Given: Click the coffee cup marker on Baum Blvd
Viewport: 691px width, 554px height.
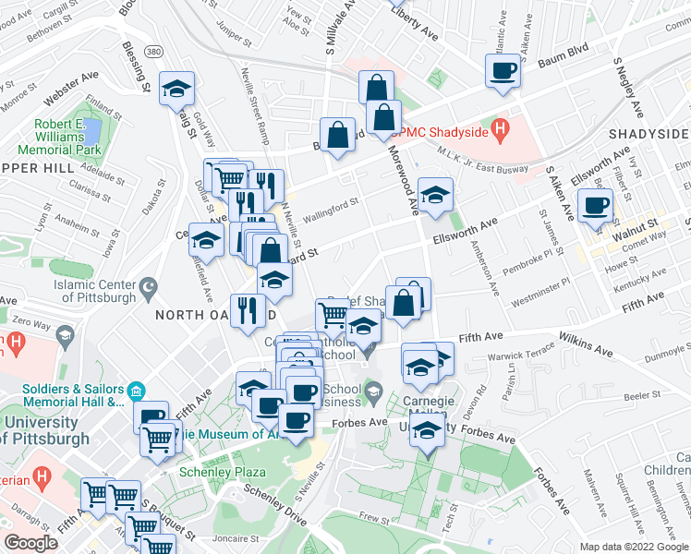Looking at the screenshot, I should [503, 70].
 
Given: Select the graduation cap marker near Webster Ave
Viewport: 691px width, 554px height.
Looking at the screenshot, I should [176, 89].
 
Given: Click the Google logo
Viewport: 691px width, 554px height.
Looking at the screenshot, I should [31, 542].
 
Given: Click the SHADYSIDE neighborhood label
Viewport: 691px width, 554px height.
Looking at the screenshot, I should [649, 135].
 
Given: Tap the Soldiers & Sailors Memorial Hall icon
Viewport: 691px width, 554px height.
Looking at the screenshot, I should [136, 390].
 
